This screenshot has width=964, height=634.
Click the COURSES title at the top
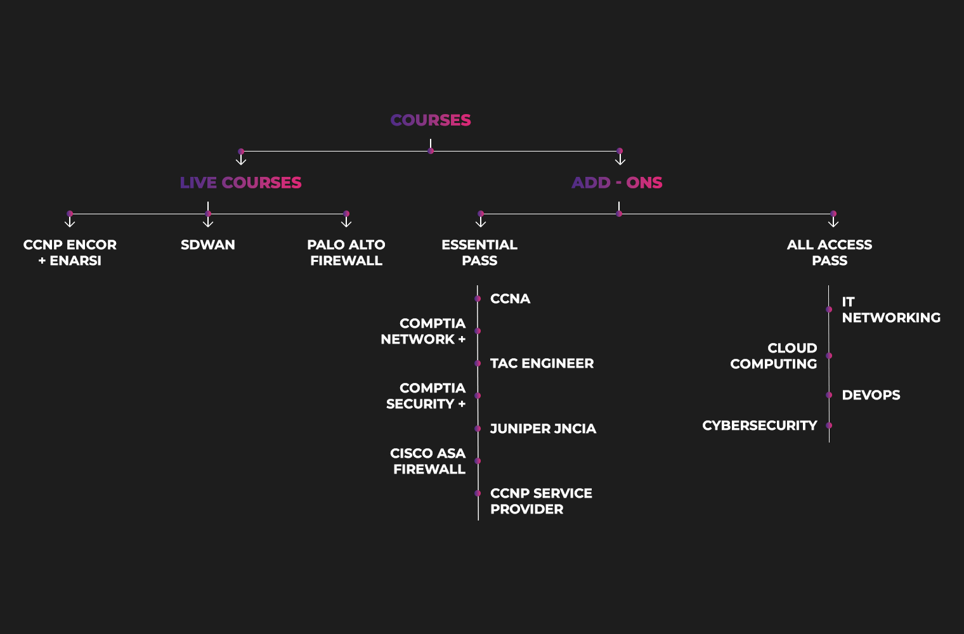(x=431, y=120)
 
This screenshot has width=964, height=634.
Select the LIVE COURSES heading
(x=240, y=183)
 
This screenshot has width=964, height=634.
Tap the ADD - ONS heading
(x=616, y=183)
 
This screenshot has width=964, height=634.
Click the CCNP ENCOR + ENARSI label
(x=70, y=252)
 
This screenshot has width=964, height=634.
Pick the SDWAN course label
(x=208, y=245)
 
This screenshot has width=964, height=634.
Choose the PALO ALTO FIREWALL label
(x=346, y=252)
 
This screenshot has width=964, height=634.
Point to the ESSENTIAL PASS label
(x=479, y=252)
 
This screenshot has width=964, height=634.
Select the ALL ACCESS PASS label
(x=830, y=252)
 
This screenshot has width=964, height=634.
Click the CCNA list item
(x=510, y=299)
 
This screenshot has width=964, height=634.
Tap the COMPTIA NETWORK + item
(x=424, y=331)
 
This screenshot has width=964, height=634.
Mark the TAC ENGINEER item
(x=542, y=363)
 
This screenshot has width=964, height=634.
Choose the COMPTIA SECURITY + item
(x=426, y=396)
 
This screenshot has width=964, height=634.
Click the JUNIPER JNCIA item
(x=543, y=429)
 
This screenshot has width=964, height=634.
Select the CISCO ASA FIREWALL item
(x=428, y=461)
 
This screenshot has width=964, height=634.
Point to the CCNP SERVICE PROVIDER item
(x=541, y=501)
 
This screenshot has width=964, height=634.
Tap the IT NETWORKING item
(x=890, y=309)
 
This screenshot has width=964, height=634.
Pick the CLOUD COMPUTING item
(x=774, y=356)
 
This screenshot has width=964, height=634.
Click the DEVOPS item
(x=871, y=395)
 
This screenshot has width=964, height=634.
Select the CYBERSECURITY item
(x=760, y=425)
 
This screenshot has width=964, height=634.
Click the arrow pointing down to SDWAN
(x=208, y=222)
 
